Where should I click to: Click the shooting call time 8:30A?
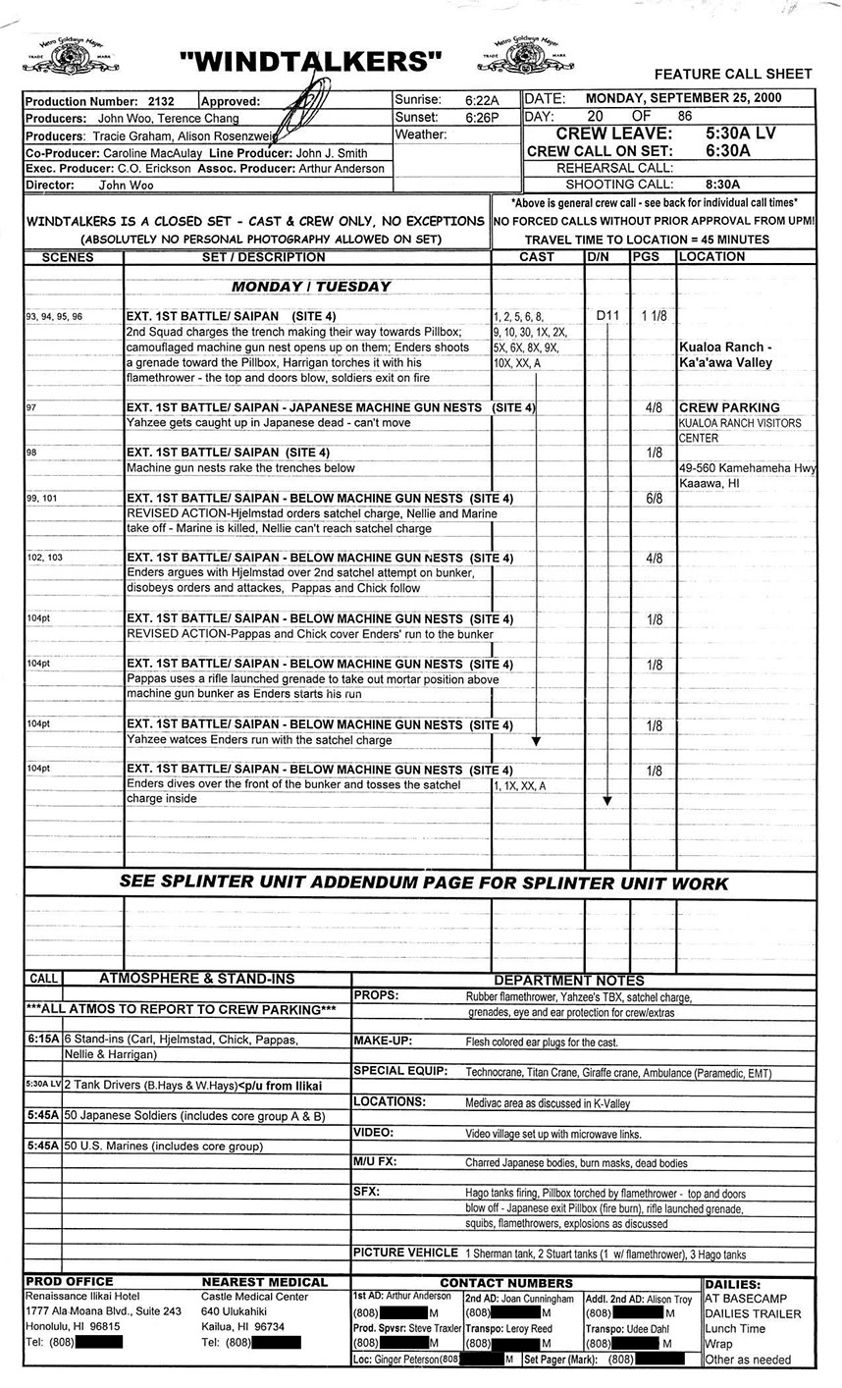(x=722, y=184)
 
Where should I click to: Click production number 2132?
(x=160, y=101)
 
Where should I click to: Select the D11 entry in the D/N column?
(x=607, y=316)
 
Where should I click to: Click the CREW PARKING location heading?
(x=729, y=407)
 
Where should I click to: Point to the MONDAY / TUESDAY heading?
(x=310, y=287)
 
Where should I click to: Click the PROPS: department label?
(x=376, y=995)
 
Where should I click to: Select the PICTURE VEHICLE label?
(x=404, y=1253)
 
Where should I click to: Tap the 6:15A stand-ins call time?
(x=43, y=1038)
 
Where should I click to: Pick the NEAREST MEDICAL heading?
(x=264, y=1282)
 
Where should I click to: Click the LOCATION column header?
(x=711, y=257)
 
